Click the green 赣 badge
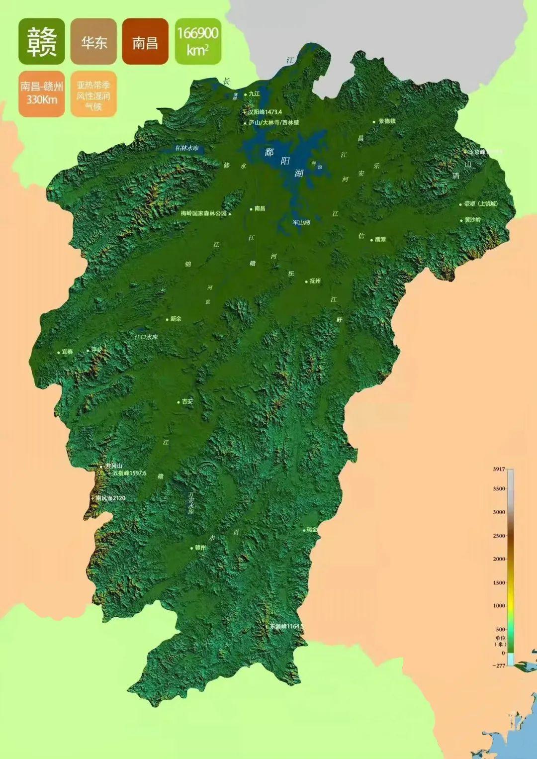point(42,41)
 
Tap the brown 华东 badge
point(93,41)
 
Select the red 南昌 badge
point(145,41)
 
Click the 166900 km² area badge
point(198,41)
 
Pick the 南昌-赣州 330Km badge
point(42,94)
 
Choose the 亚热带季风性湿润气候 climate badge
point(93,95)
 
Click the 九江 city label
point(254,94)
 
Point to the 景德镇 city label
point(387,121)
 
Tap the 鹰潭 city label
point(380,239)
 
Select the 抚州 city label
point(315,281)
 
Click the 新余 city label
point(176,319)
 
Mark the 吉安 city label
point(187,401)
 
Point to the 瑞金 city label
point(312,530)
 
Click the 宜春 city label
point(67,352)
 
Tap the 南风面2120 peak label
point(110,498)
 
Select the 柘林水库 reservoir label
point(187,148)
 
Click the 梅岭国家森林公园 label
point(204,213)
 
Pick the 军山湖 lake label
point(301,222)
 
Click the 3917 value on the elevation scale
point(499,469)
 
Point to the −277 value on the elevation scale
point(498,665)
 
